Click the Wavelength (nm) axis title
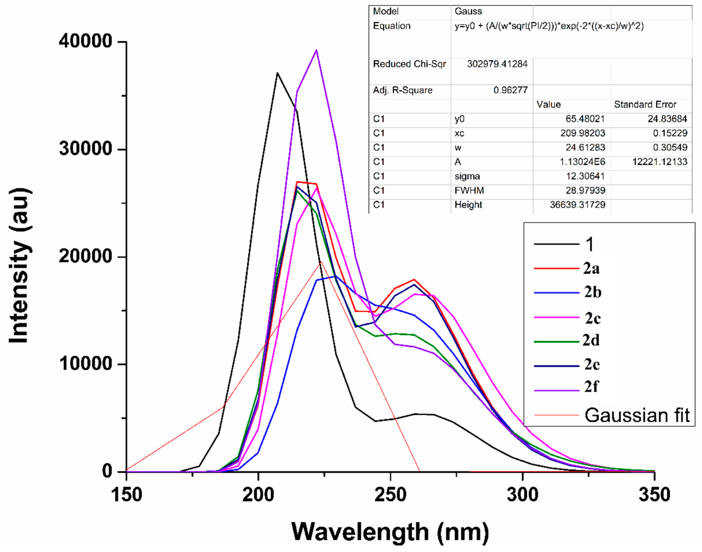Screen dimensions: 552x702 [x=390, y=532]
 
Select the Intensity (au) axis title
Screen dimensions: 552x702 [x=20, y=265]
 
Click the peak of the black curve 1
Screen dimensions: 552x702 [x=277, y=73]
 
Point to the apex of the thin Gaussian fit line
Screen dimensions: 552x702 [x=321, y=262]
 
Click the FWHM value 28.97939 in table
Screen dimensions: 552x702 [x=585, y=190]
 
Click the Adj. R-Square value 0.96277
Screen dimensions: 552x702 [x=510, y=90]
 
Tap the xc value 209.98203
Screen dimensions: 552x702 [x=583, y=133]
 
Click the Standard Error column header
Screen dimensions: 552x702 [x=645, y=104]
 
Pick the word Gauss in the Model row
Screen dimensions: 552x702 [x=468, y=11]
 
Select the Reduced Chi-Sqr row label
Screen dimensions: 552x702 [x=409, y=64]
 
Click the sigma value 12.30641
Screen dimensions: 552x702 [x=585, y=176]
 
